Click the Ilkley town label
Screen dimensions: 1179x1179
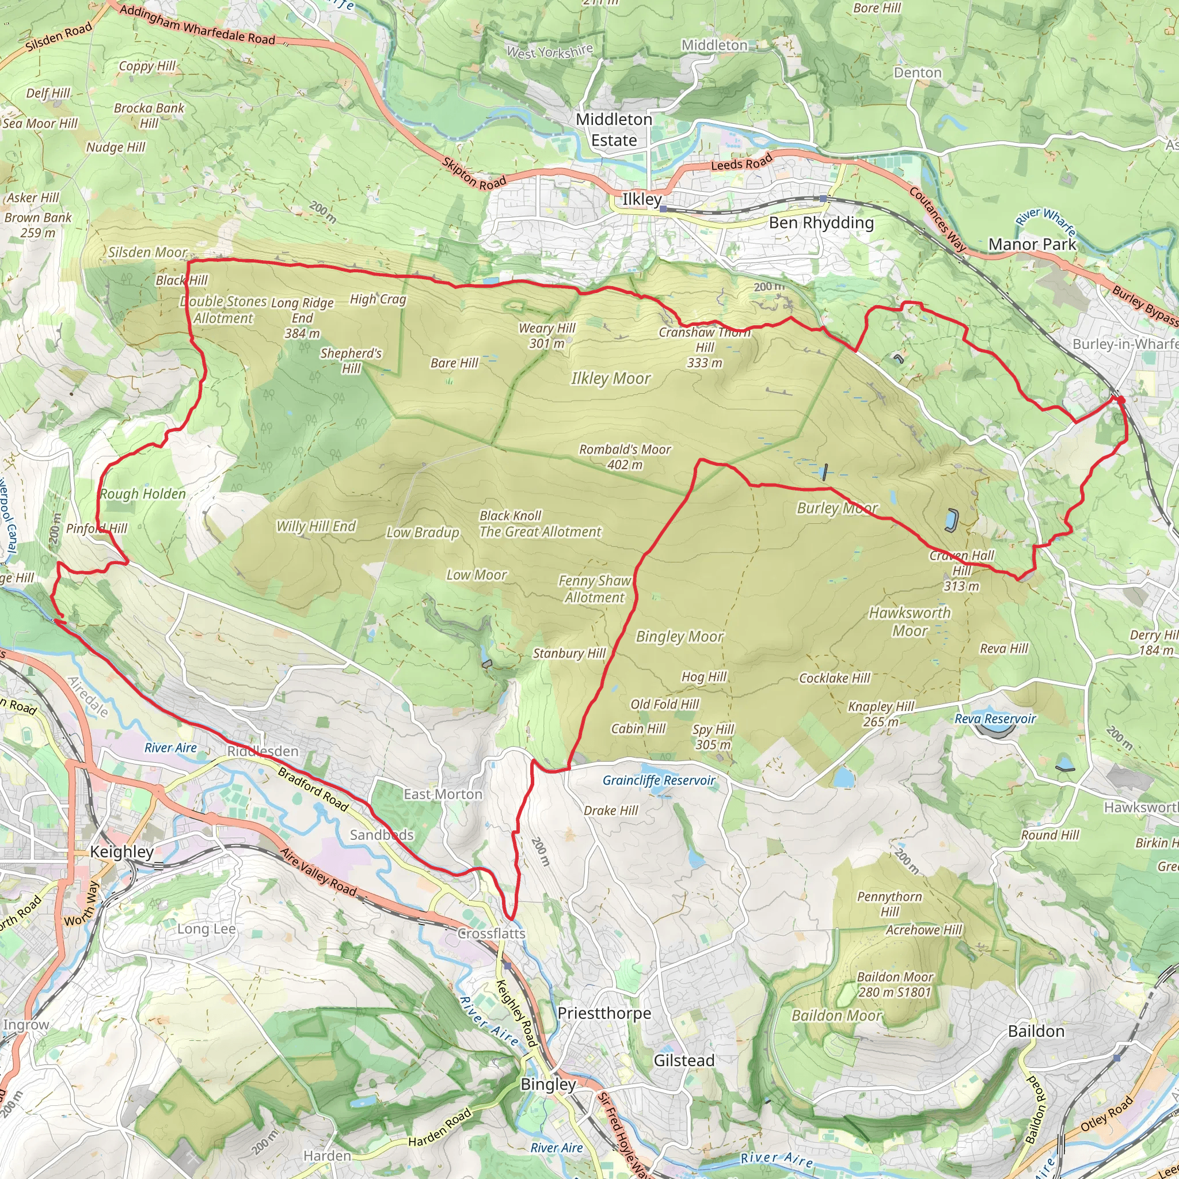[x=641, y=200]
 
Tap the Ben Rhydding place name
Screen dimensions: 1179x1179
[x=821, y=223]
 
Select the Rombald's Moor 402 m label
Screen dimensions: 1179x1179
[x=624, y=457]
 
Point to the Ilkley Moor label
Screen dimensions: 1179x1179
[x=610, y=378]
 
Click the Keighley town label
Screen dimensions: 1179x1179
[x=121, y=852]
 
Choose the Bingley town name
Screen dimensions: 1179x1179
[x=548, y=1085]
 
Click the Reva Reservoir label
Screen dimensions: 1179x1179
[x=995, y=719]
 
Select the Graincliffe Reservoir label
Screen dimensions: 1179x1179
[x=659, y=781]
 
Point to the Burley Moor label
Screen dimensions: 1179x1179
[x=837, y=508]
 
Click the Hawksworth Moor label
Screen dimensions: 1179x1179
[x=909, y=621]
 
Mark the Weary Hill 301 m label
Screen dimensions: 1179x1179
[x=547, y=336]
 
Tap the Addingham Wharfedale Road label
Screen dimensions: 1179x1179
[x=197, y=24]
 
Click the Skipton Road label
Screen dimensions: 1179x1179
[x=474, y=174]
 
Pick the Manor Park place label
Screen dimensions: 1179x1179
[x=1033, y=245]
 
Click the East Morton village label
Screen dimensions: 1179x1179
[x=443, y=794]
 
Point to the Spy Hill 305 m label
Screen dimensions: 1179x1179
[x=713, y=736]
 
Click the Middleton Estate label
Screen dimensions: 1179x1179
[x=614, y=130]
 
